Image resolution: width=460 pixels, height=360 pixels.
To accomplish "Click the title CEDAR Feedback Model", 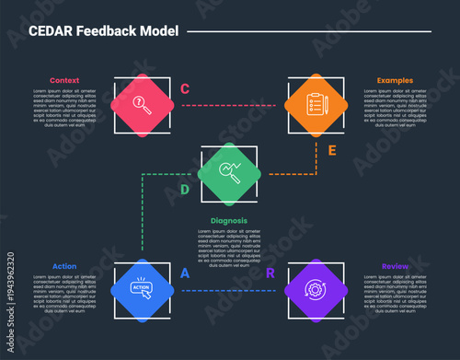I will click(x=104, y=30).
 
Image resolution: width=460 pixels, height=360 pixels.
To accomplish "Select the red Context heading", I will click(x=64, y=80).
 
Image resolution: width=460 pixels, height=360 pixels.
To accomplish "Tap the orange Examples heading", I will click(x=395, y=80).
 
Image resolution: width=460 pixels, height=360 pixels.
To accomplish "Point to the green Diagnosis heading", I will click(x=229, y=221).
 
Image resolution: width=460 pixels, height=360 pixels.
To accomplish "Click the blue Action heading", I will click(x=64, y=267).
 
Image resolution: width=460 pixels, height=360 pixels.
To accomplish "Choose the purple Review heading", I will click(x=396, y=267).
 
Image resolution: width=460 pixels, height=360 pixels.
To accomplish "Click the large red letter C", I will click(x=185, y=89).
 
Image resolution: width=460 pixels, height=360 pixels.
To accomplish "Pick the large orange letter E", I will click(x=332, y=149).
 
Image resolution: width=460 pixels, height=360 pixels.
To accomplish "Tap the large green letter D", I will click(x=184, y=191).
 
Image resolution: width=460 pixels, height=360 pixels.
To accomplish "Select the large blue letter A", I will click(x=185, y=273).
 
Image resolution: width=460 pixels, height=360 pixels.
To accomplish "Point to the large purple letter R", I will click(x=270, y=273).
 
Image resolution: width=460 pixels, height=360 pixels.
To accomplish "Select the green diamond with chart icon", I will click(x=231, y=173).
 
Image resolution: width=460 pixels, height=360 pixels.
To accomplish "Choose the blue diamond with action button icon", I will click(x=143, y=291).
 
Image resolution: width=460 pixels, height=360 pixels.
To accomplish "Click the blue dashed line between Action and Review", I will click(x=230, y=291).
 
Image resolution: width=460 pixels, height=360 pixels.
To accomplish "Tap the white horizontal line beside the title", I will click(x=308, y=31).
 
